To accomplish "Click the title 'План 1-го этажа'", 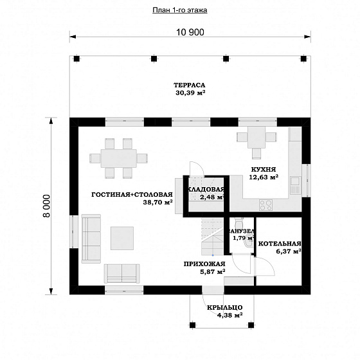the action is (180, 10).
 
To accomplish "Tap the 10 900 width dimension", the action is (190, 32).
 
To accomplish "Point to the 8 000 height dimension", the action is (46, 206).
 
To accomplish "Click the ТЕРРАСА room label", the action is (189, 85).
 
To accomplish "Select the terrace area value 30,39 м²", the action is (190, 93).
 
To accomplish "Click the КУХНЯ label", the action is (264, 170).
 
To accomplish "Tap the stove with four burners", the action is (266, 205).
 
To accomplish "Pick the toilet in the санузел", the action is (239, 222).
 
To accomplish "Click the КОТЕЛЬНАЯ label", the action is (280, 244).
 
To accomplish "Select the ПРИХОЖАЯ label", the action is (204, 264).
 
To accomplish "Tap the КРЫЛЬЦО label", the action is (225, 307).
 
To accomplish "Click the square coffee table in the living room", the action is (122, 238).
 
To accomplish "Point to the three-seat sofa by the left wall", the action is (91, 239).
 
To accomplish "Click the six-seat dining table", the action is (119, 158).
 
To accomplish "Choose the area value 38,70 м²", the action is (157, 203).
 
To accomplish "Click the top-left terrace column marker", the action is (76, 59).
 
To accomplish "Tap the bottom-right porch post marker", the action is (251, 325).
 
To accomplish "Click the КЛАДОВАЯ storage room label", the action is (206, 190).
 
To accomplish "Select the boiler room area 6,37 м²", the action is (289, 251).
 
